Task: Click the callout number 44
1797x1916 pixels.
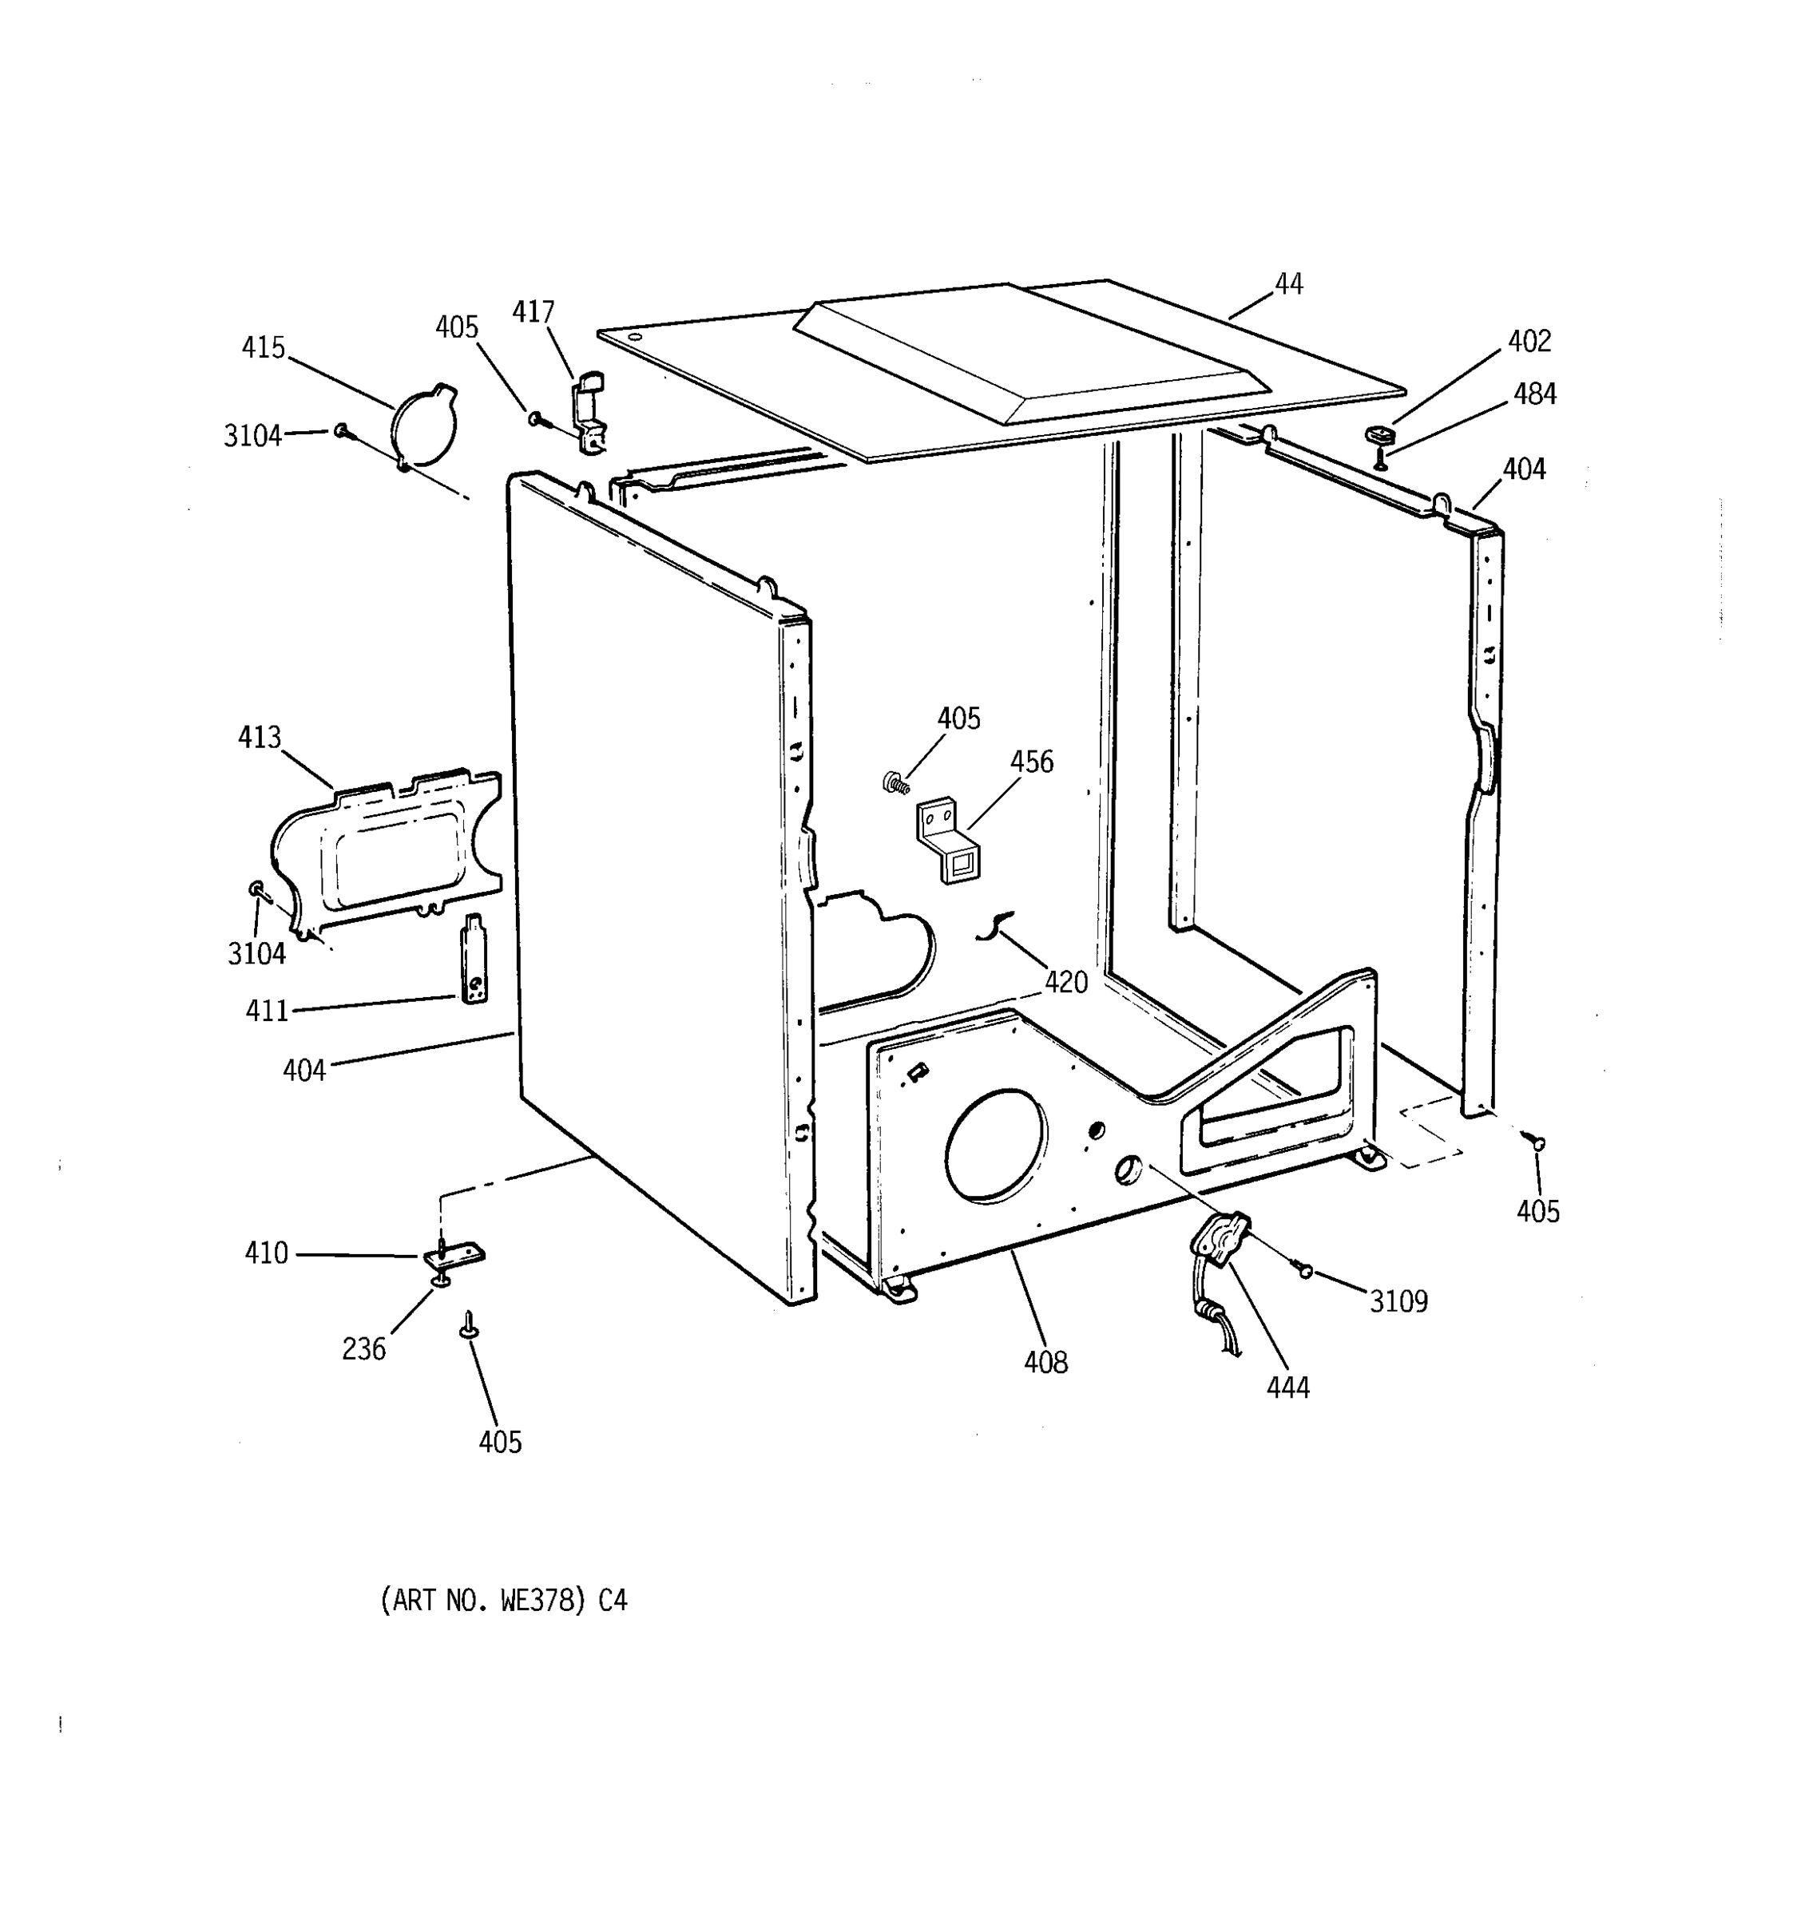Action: click(1288, 284)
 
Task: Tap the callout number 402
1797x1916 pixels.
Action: click(1529, 341)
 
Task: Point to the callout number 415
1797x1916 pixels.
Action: click(264, 347)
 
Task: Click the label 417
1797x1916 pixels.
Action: click(534, 312)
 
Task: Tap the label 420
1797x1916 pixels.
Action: click(1066, 982)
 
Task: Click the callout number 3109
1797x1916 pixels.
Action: click(1398, 1301)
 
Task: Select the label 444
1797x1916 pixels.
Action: click(1288, 1388)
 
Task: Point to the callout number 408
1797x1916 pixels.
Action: click(1046, 1362)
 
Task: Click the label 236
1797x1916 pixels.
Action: click(363, 1349)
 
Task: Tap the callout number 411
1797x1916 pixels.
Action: click(267, 1011)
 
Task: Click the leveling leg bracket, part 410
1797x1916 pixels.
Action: click(454, 1256)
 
